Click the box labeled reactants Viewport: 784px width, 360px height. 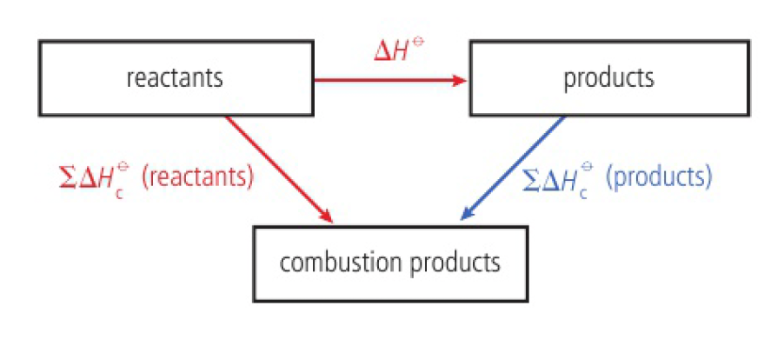(174, 78)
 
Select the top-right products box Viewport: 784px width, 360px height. (608, 78)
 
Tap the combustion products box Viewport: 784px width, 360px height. (390, 263)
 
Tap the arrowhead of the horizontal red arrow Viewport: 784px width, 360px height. (461, 80)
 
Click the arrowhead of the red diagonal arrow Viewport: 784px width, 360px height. (328, 216)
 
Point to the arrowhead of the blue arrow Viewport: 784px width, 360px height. (466, 216)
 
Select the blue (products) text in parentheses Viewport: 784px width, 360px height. (659, 178)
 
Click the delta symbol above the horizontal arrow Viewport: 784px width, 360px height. (382, 50)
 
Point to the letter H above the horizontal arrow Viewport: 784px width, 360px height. (402, 50)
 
